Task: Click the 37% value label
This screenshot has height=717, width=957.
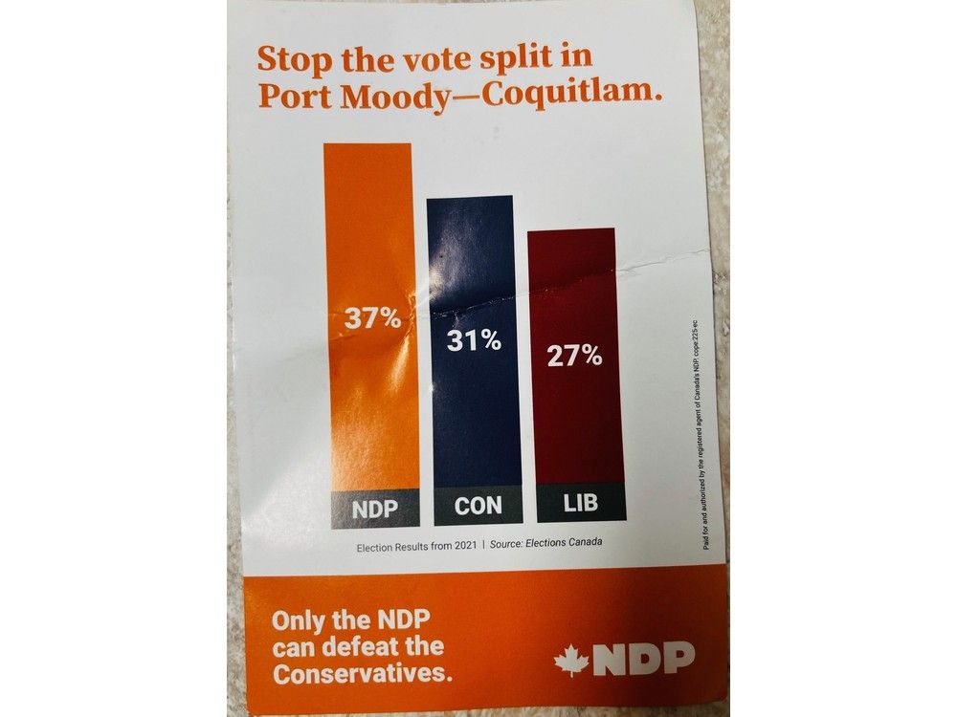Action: pyautogui.click(x=372, y=318)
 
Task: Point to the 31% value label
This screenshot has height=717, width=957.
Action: pyautogui.click(x=473, y=339)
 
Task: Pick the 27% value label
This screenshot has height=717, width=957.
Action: pyautogui.click(x=574, y=357)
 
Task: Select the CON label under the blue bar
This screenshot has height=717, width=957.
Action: pyautogui.click(x=478, y=507)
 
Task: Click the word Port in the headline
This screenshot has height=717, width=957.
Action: pyautogui.click(x=290, y=96)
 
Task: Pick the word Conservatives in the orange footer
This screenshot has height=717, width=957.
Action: pyautogui.click(x=361, y=673)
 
